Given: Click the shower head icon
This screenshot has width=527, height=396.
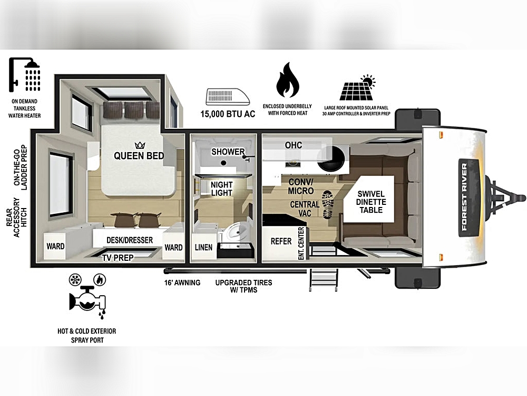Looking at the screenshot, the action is pos(24,74).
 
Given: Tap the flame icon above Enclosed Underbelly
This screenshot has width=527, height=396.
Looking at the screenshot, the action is pos(287,80).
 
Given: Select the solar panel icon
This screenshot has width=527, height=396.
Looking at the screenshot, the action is pos(357,88).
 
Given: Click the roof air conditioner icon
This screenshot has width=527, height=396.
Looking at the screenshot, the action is pos(228,97).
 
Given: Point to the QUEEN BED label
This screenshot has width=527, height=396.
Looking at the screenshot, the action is pos(139,156).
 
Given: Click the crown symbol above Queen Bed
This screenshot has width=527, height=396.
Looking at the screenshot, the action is pos(140,146).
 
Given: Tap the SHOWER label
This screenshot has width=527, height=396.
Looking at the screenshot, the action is pos(228,152).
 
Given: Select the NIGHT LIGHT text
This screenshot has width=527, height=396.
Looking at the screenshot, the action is pos(221,189).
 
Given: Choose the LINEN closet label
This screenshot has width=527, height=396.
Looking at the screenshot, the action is pos(203,248).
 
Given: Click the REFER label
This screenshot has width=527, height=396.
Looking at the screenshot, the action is pos(281,241).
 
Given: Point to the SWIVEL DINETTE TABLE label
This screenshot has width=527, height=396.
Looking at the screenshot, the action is pos(371,202).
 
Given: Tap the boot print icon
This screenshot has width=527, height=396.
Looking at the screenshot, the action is pos(328,204).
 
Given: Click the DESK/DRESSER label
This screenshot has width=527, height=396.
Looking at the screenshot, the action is pos(130,240).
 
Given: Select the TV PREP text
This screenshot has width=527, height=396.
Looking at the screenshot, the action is pos(118,258).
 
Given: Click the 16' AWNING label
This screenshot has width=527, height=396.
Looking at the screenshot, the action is pos(182,282).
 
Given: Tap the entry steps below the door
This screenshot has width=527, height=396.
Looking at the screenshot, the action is pos(323,279).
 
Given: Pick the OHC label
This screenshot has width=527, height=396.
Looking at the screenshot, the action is pos(294,145).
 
